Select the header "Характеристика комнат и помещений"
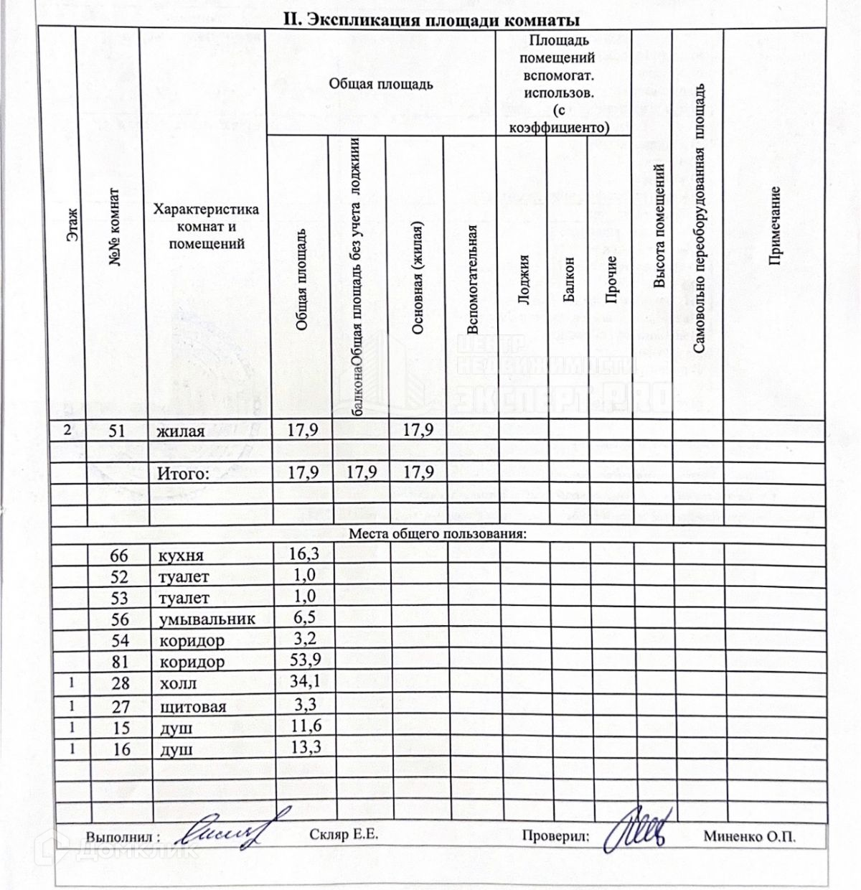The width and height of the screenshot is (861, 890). [206, 226]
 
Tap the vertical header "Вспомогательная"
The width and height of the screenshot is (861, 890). [471, 280]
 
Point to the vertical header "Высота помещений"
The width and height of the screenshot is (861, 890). [659, 226]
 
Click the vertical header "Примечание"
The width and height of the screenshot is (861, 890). [775, 226]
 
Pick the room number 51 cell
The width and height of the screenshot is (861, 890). [117, 431]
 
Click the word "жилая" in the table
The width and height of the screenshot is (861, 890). [181, 431]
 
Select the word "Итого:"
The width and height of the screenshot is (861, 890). [184, 473]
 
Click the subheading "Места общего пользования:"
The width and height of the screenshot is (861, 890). [438, 534]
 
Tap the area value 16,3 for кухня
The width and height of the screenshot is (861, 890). [302, 554]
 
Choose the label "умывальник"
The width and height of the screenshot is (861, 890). [207, 619]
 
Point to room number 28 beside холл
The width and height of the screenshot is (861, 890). [121, 683]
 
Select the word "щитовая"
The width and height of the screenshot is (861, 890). [192, 706]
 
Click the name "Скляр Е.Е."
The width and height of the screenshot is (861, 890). [344, 835]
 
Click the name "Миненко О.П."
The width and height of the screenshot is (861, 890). [749, 836]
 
